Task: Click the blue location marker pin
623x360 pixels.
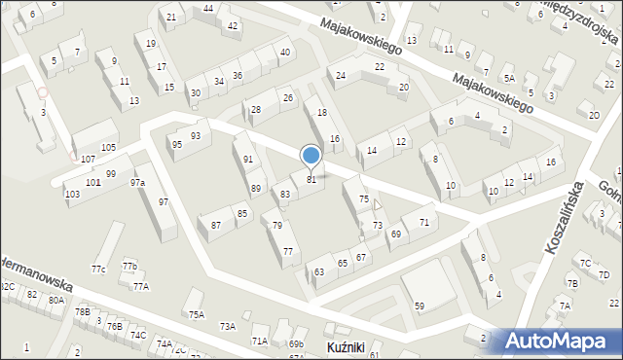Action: (311, 157)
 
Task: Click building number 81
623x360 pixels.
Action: (311, 179)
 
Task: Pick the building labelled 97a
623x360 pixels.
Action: (137, 182)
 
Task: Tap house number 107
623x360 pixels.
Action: (88, 159)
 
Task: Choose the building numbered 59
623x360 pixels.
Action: (420, 306)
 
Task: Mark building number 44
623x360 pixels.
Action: (209, 8)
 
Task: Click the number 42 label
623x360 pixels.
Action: (232, 25)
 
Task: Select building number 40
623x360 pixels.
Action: (284, 52)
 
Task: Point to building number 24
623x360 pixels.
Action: (341, 75)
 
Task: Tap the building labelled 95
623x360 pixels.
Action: (176, 144)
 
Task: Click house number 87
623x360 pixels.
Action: (216, 225)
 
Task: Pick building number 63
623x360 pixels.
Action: (319, 272)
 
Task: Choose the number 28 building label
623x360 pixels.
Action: (255, 109)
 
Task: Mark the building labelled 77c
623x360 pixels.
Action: (98, 269)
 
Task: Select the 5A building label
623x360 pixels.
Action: (509, 78)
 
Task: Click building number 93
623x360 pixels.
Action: (196, 135)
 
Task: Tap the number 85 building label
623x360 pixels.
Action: (241, 213)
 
